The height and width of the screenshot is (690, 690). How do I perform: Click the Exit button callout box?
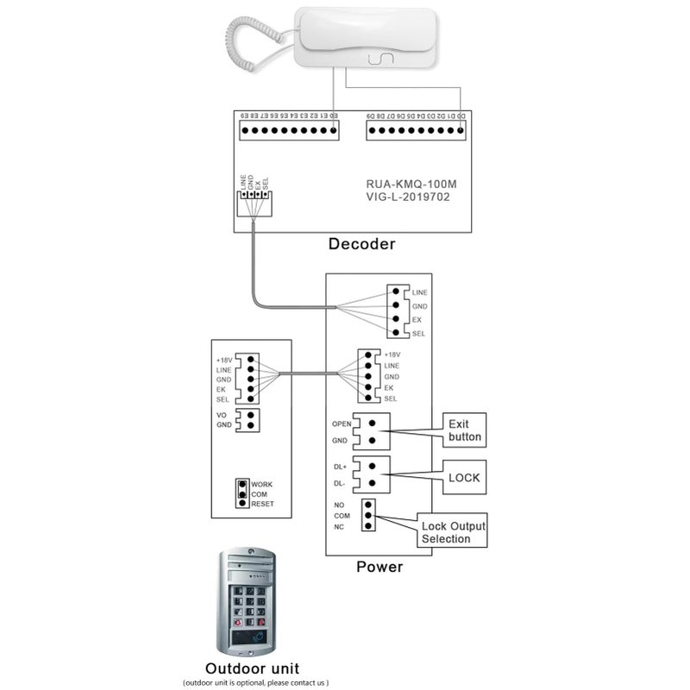point(465,430)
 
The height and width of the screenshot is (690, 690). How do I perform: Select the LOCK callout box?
point(465,477)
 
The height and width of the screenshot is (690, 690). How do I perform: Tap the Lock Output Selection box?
point(453,532)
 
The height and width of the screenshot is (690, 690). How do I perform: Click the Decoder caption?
point(361,244)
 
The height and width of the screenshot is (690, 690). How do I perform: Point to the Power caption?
point(379,567)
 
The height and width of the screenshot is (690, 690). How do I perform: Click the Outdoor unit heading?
point(252,668)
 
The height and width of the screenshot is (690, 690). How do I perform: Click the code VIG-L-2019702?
point(407,198)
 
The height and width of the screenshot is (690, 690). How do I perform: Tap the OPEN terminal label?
point(342,423)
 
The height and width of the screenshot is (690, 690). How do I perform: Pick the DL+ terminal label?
point(340,467)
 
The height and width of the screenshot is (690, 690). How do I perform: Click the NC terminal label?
point(338,526)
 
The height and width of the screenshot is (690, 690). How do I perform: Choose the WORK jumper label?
point(262,485)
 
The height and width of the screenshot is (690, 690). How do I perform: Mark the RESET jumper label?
point(262,504)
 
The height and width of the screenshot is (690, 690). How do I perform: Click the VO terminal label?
point(223,415)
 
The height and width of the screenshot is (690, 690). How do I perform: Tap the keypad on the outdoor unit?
point(249,604)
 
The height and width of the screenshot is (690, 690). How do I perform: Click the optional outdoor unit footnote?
point(255,682)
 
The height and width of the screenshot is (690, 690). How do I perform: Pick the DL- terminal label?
point(340,483)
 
